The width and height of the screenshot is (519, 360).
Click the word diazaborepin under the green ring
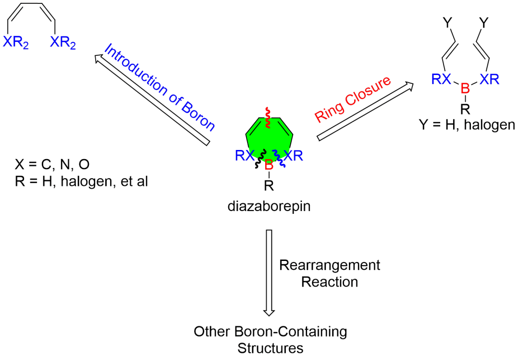click(269, 207)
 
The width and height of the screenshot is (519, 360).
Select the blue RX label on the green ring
click(245, 155)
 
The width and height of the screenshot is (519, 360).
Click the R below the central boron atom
click(270, 186)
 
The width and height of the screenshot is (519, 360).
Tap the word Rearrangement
click(330, 265)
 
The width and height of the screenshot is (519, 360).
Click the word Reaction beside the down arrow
click(330, 282)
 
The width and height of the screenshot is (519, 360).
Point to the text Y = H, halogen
click(467, 126)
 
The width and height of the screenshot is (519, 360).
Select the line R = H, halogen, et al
click(81, 181)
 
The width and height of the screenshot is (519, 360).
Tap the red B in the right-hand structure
click(465, 88)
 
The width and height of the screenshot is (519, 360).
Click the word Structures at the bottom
click(271, 348)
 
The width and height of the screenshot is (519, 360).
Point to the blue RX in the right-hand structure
click(441, 79)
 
